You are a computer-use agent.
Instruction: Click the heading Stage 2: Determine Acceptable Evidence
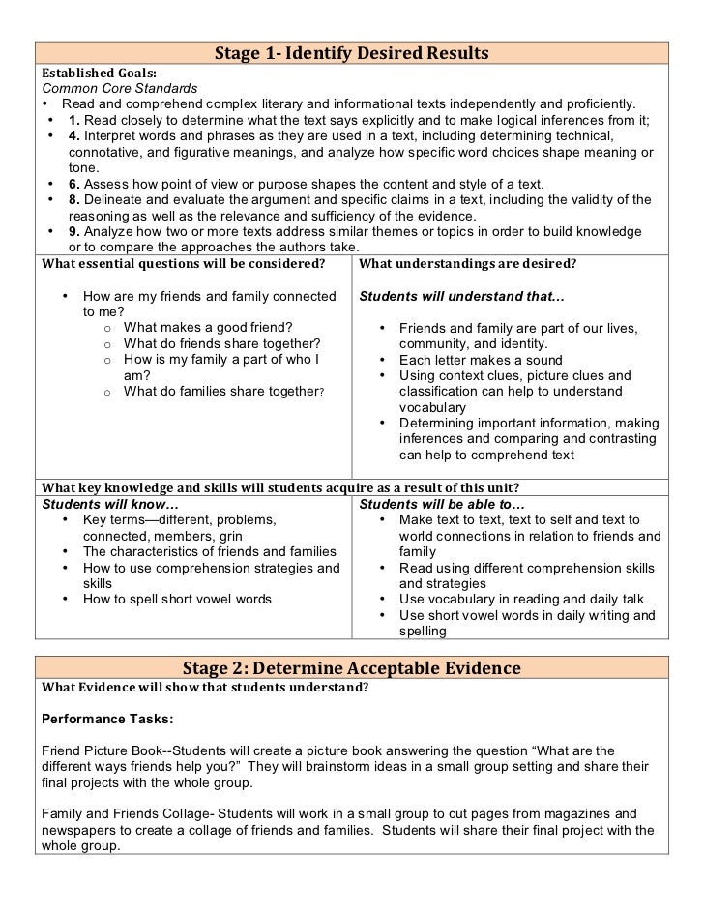coord(352,668)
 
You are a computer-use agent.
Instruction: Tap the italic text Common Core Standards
coord(119,88)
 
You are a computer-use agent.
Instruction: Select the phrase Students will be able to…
coord(442,504)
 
